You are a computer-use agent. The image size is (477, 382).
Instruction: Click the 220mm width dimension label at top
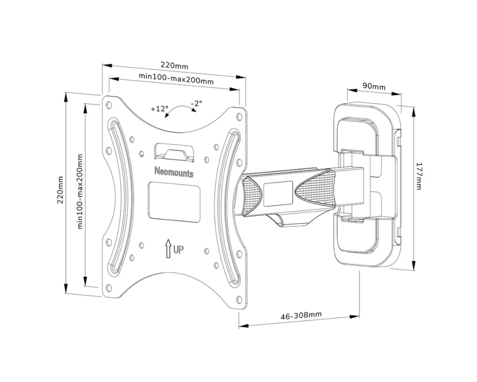[174, 65]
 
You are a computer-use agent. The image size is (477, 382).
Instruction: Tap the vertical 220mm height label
[60, 190]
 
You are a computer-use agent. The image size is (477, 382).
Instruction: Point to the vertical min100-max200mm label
[80, 191]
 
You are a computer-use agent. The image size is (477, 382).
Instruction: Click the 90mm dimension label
[373, 86]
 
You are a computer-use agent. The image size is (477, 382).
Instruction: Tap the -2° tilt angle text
[196, 103]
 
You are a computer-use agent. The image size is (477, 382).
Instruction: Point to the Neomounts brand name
[174, 172]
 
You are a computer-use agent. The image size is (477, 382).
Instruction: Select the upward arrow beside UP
[168, 248]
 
